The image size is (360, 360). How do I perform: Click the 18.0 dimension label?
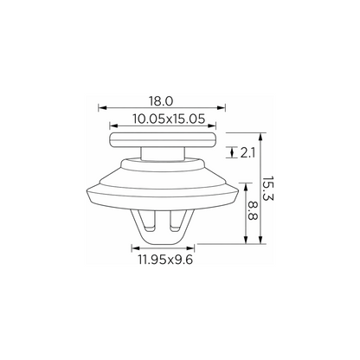click(161, 101)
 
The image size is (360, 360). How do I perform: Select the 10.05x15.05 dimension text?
click(169, 119)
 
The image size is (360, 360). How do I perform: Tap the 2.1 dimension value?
click(247, 153)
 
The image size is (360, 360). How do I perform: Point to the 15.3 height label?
click(267, 189)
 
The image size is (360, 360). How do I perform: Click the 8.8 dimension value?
click(253, 211)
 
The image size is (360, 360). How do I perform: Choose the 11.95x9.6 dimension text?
click(165, 260)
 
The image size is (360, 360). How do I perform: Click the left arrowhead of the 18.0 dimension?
click(102, 108)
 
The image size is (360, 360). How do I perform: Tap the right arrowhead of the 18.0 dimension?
click(221, 108)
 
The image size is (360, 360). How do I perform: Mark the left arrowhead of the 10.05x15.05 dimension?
click(114, 125)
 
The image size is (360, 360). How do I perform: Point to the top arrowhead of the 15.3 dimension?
click(260, 137)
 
